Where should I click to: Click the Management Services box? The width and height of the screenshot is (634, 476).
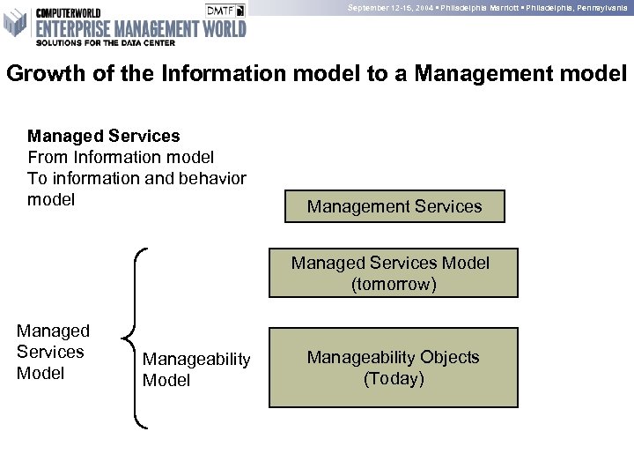click(x=394, y=206)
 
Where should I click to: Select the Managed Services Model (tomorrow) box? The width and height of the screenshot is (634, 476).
click(x=394, y=272)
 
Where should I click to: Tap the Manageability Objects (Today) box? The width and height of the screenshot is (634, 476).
click(x=394, y=368)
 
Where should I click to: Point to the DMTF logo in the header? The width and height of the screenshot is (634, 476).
click(x=225, y=10)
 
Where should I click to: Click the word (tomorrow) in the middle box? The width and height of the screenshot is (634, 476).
click(x=394, y=285)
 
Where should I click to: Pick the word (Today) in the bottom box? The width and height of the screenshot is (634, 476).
click(x=394, y=379)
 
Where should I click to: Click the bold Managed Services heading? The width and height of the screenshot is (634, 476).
click(x=104, y=136)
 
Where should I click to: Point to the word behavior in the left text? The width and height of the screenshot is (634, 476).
click(x=212, y=178)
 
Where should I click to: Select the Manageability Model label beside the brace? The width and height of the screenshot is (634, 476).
click(x=196, y=369)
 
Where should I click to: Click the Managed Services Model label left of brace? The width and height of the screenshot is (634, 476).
click(x=53, y=352)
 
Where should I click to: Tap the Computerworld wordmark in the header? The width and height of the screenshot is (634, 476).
click(x=65, y=11)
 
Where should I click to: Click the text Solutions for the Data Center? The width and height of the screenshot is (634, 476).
click(x=105, y=41)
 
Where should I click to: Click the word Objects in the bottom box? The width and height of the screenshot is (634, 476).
click(x=449, y=357)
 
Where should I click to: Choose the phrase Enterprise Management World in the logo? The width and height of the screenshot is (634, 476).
click(x=140, y=26)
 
